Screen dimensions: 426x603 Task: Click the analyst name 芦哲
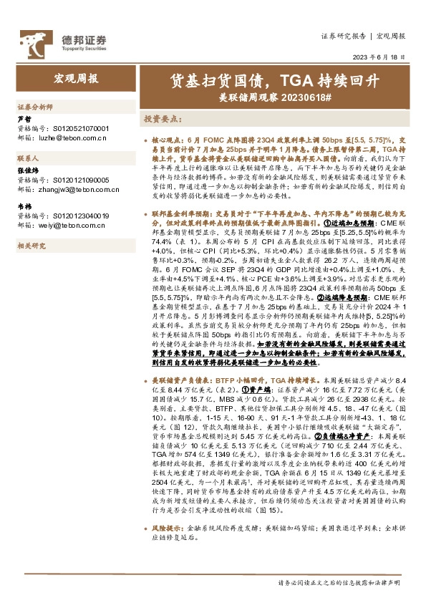click(x=24, y=119)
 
